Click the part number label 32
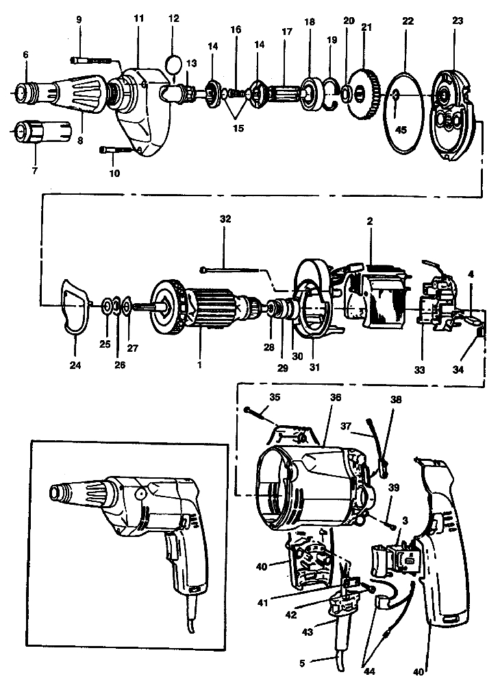tap(225, 220)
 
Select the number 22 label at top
tap(408, 21)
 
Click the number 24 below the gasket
tap(75, 366)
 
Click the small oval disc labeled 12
tap(176, 64)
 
